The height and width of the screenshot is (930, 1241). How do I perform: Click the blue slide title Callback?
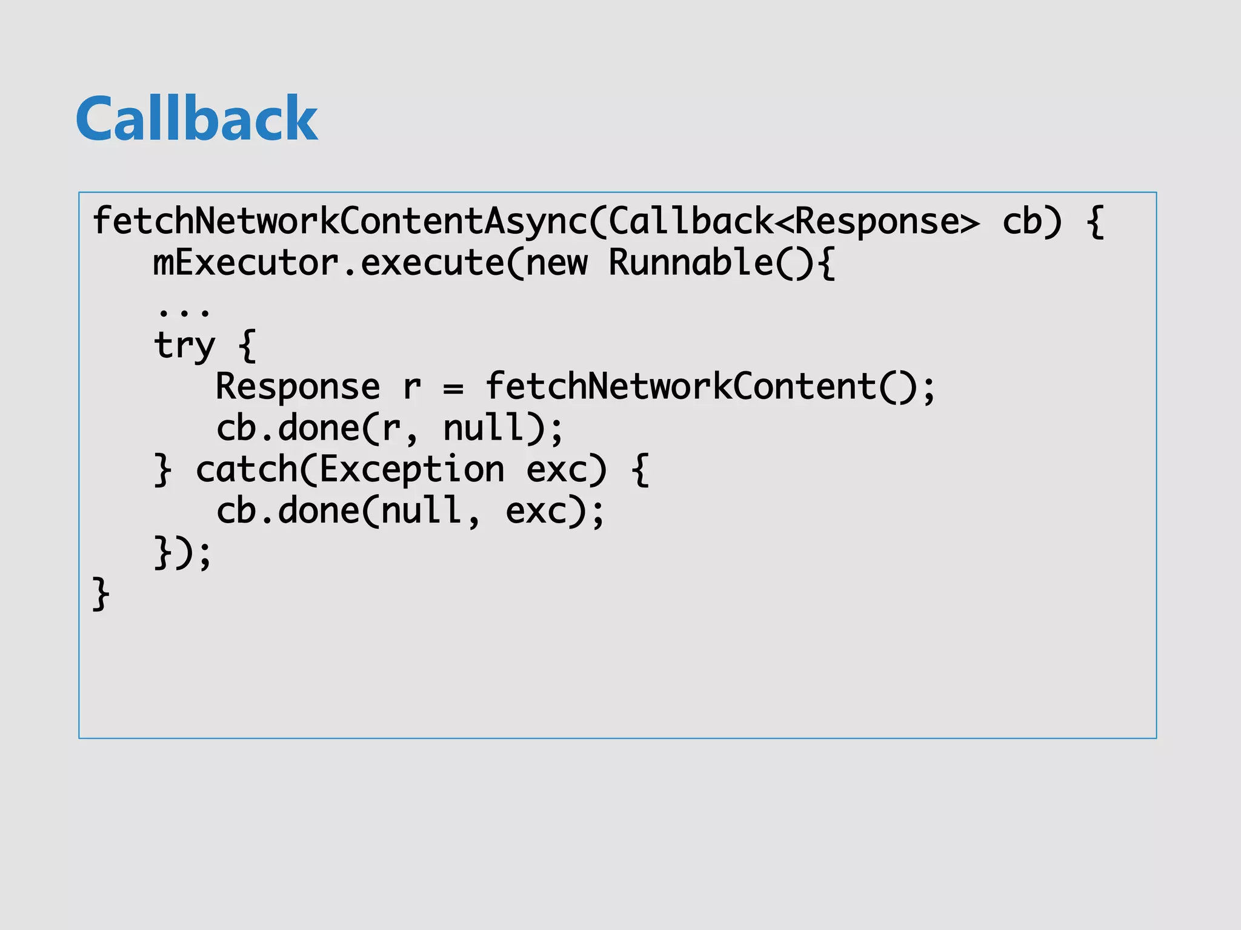pos(197,119)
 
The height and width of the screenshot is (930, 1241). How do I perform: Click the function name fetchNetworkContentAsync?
pos(339,221)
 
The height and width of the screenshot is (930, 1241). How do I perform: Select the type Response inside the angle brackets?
pos(876,221)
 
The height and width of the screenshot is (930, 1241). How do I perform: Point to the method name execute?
pos(433,263)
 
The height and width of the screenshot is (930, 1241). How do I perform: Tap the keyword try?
pos(184,346)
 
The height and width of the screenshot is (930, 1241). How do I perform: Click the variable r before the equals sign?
pos(412,387)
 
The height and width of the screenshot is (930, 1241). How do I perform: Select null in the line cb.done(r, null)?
pos(484,428)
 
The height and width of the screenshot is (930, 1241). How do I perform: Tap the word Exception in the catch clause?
pos(412,470)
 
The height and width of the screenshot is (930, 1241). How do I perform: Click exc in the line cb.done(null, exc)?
pos(536,512)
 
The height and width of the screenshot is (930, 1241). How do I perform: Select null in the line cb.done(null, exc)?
pos(422,510)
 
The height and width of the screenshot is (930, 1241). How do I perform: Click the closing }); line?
pos(182,553)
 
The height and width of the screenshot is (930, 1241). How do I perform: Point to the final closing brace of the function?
pos(101,594)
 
